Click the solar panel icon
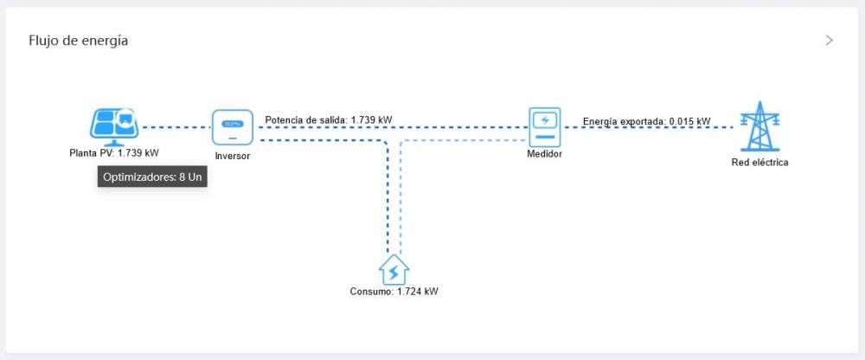point(114,126)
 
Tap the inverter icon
point(233,127)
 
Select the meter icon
point(544,127)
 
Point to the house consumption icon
point(394,269)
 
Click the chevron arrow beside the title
point(830,41)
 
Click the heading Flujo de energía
point(79,41)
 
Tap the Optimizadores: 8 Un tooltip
point(152,177)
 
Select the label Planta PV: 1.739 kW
point(114,153)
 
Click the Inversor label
point(232,157)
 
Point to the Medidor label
point(544,154)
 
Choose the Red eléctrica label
point(759,163)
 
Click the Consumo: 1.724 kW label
point(394,292)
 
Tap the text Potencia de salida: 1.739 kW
point(329,119)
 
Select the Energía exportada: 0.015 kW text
point(646,121)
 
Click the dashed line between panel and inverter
point(176,127)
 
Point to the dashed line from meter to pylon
point(649,127)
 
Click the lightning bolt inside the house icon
point(394,273)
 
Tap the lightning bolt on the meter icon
point(545,119)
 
